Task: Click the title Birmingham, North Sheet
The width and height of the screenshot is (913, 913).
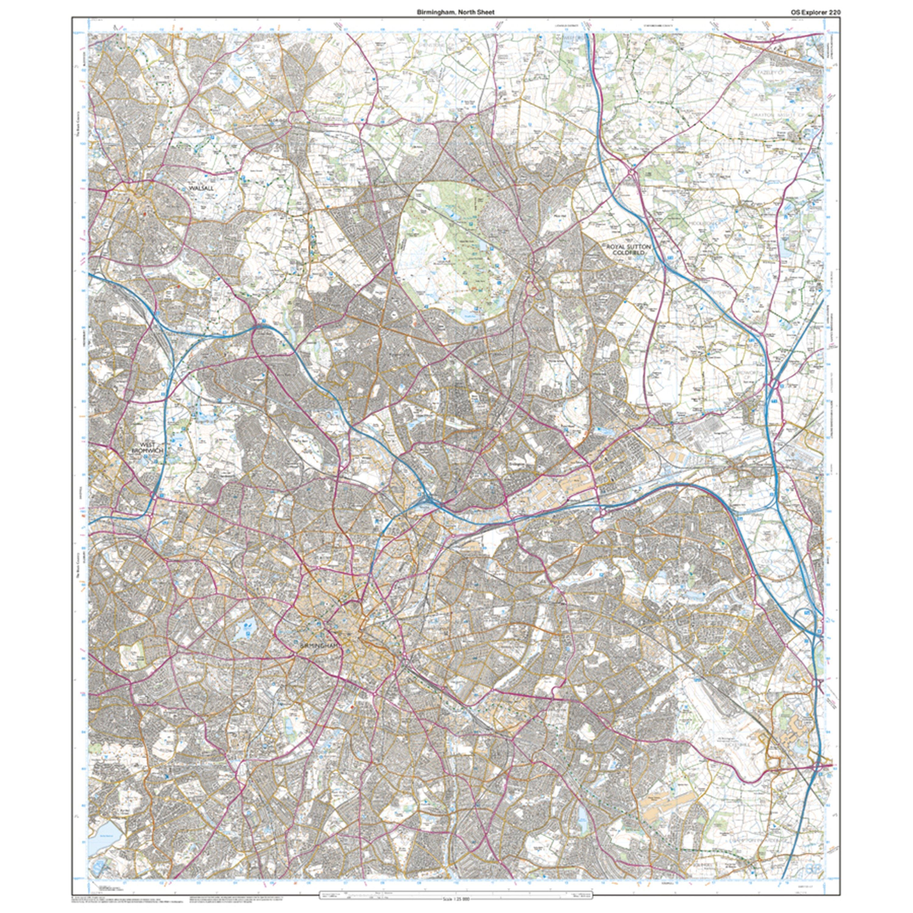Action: click(x=456, y=12)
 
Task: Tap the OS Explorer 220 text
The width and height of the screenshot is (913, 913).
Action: click(x=812, y=12)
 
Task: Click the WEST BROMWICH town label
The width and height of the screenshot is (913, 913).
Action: click(x=148, y=448)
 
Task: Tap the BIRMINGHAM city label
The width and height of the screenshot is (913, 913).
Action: click(x=320, y=645)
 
